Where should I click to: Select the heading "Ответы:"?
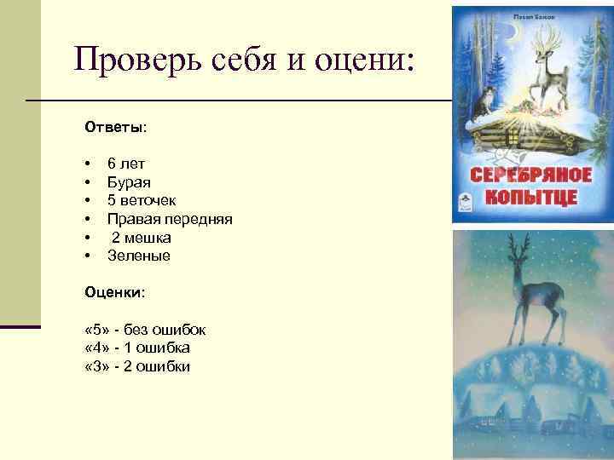click(x=115, y=127)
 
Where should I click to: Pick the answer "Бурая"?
click(x=129, y=181)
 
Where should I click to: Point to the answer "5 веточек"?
click(x=142, y=199)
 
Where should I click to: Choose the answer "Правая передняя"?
click(x=170, y=218)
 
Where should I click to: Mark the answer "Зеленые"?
click(x=138, y=256)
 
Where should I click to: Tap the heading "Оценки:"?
click(x=115, y=292)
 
